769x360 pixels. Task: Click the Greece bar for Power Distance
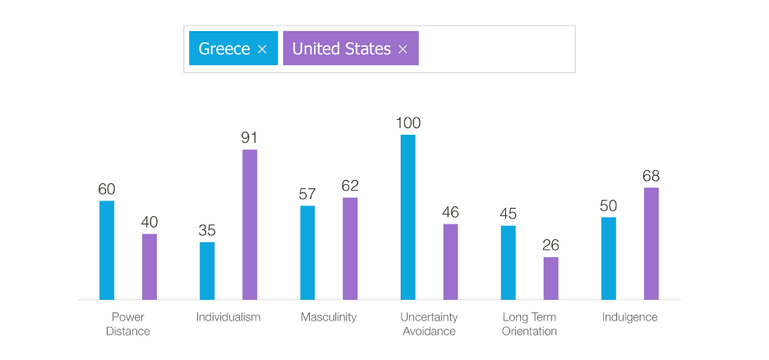click(x=107, y=250)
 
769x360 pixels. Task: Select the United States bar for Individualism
click(x=250, y=224)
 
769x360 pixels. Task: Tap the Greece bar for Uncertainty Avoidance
click(x=408, y=217)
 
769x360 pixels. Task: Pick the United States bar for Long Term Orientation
click(x=550, y=279)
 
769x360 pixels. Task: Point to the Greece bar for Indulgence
click(x=609, y=258)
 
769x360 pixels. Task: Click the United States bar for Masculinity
click(x=350, y=248)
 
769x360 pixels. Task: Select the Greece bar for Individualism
click(x=207, y=270)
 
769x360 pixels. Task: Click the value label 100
click(x=408, y=123)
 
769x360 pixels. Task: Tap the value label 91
click(x=250, y=138)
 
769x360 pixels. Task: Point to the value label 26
click(x=550, y=246)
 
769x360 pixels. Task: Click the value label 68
click(x=651, y=176)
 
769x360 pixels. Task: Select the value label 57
click(x=307, y=194)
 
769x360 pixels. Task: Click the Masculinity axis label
click(x=329, y=317)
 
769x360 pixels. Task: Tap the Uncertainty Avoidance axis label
click(x=429, y=324)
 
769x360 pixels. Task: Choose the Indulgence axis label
click(x=629, y=317)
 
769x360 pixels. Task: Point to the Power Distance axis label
click(x=128, y=324)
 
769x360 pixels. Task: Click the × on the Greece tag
click(x=262, y=49)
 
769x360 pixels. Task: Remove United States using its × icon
click(x=403, y=49)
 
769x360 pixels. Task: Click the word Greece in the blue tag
click(x=224, y=48)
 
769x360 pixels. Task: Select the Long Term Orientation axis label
click(x=529, y=324)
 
